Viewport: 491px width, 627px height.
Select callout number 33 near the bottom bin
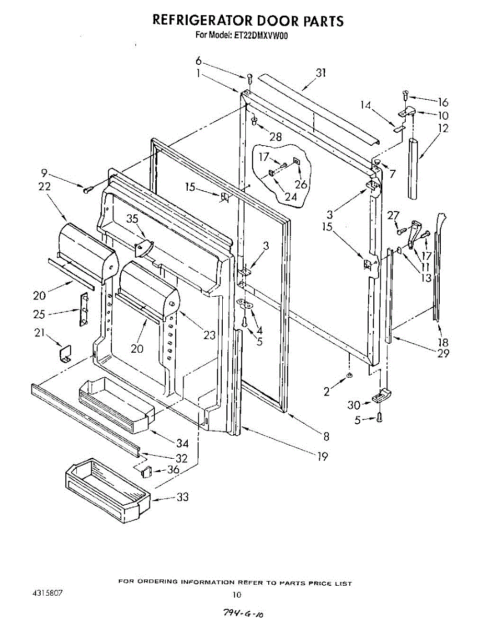182,497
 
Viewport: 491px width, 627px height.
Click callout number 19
323,457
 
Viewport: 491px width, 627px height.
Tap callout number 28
275,137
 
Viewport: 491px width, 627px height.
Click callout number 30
354,404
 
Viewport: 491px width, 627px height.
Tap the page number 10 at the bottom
237,594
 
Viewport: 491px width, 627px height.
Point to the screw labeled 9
87,189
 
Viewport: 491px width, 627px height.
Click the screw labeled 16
405,95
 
